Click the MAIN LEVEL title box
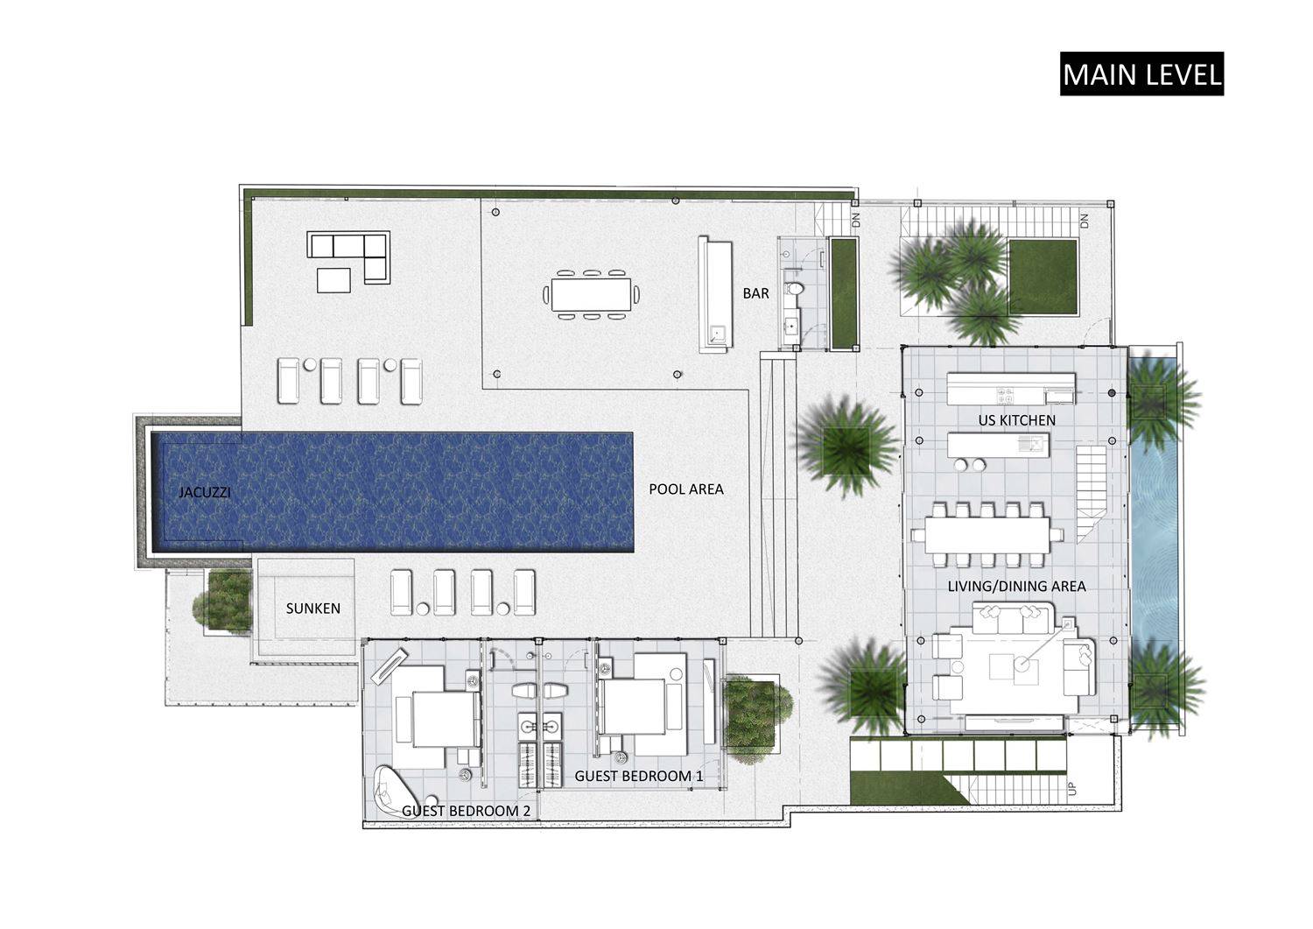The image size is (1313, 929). click(x=1141, y=74)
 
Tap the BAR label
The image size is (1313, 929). click(x=755, y=293)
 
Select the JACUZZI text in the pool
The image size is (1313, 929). click(x=205, y=492)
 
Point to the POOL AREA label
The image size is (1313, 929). click(x=685, y=489)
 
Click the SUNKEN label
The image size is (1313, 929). click(x=313, y=609)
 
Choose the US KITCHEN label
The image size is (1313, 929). click(x=1017, y=420)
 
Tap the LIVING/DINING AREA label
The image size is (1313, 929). click(x=1017, y=586)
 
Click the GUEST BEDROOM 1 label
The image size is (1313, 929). click(x=638, y=776)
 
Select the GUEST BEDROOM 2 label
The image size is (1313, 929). click(x=466, y=811)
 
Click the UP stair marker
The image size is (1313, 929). click(x=1072, y=789)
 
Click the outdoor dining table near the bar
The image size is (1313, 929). click(x=591, y=294)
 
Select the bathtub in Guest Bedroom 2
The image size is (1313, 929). click(x=396, y=789)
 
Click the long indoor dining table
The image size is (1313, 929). click(x=987, y=534)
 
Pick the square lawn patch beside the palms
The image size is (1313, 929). click(x=1043, y=276)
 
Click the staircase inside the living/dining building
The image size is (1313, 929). click(x=1091, y=494)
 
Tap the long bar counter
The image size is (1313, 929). click(x=715, y=294)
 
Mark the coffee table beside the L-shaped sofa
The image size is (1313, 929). click(x=334, y=280)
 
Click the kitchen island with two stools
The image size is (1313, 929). click(x=998, y=445)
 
